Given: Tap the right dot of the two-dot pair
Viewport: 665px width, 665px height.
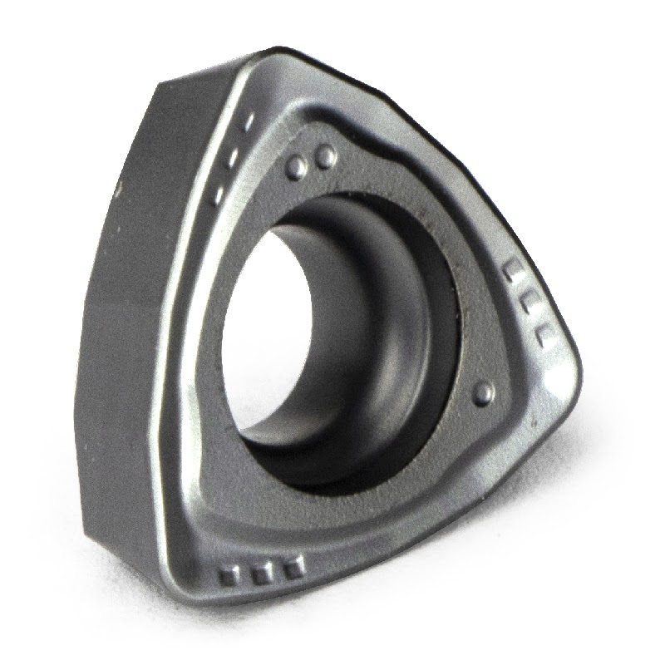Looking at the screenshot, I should click(x=326, y=155).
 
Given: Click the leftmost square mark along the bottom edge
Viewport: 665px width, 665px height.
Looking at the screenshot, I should click(x=228, y=575).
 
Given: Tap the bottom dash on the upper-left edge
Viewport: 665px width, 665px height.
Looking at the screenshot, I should click(x=218, y=195).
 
